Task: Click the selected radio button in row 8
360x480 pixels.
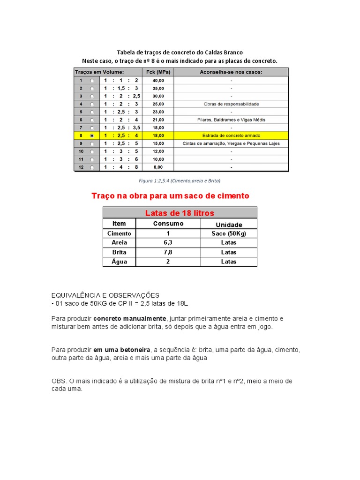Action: click(x=92, y=135)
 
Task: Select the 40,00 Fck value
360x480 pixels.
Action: click(x=158, y=80)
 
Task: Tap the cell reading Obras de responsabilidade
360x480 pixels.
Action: click(x=231, y=104)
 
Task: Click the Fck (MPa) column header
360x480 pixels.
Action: click(x=158, y=72)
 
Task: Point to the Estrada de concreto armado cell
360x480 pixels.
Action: click(x=231, y=135)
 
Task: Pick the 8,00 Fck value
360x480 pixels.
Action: click(x=158, y=167)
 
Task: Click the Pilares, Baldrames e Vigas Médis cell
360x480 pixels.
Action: click(x=231, y=120)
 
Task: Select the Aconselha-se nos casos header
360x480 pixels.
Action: click(x=231, y=72)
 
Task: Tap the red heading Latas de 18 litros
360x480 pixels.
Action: click(x=180, y=213)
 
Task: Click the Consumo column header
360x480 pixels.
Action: click(x=168, y=224)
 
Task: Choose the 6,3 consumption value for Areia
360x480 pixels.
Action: click(x=168, y=243)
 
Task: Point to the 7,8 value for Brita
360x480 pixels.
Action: click(x=168, y=252)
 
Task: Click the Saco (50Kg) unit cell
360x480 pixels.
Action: click(x=229, y=233)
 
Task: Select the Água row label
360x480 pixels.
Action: click(x=120, y=262)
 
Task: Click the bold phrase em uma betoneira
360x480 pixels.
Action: click(x=121, y=350)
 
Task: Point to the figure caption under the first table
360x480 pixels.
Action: click(x=180, y=180)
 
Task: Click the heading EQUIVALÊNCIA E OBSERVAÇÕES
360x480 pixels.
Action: click(x=105, y=295)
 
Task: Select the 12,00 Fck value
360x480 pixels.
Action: click(x=158, y=151)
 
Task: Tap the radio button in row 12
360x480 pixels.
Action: click(x=92, y=167)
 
